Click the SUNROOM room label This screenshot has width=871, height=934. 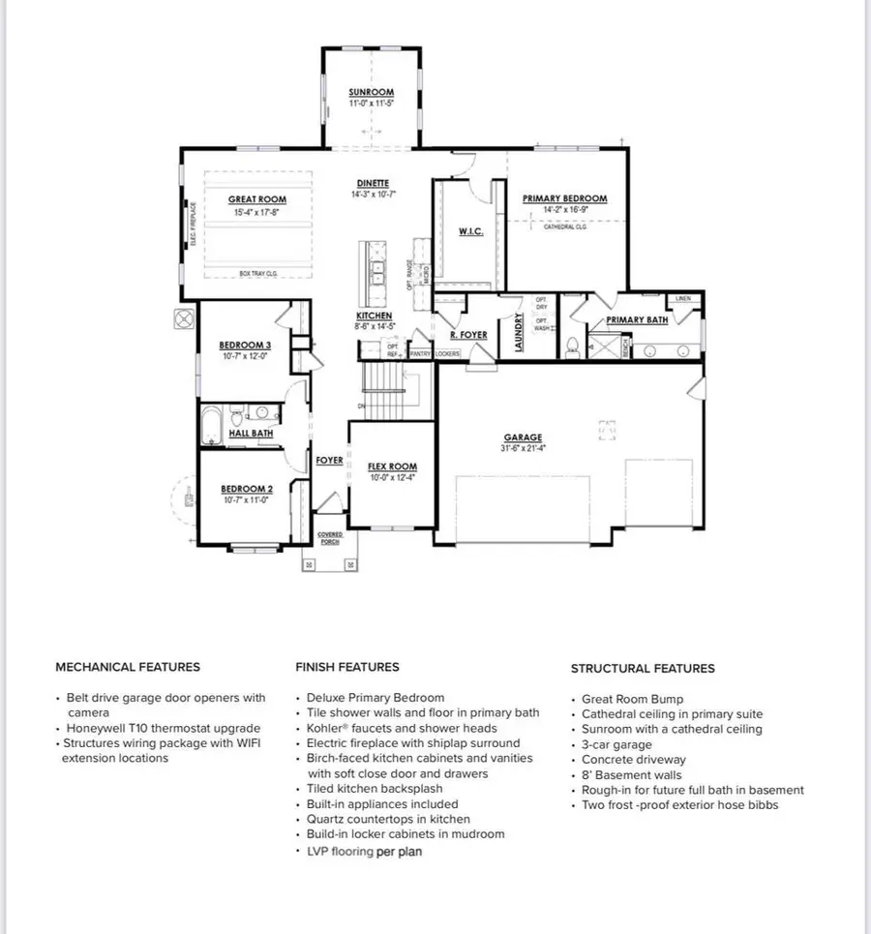tap(371, 93)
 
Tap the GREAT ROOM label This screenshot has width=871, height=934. tap(256, 199)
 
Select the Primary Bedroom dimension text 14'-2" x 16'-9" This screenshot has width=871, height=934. tap(564, 209)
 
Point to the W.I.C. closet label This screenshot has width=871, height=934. tap(470, 230)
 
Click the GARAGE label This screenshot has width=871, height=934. tap(523, 437)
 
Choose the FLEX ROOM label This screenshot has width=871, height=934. tap(392, 467)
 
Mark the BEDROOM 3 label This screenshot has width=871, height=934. tap(245, 346)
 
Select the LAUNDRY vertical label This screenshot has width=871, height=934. tap(520, 331)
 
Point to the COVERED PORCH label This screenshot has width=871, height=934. tap(330, 537)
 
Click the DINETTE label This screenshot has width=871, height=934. tap(372, 183)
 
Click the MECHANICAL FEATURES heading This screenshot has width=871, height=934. tap(128, 667)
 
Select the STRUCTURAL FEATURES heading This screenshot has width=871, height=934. tap(643, 668)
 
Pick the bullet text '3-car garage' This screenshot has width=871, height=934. tap(616, 745)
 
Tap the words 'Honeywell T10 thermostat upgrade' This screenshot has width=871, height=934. tap(163, 728)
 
